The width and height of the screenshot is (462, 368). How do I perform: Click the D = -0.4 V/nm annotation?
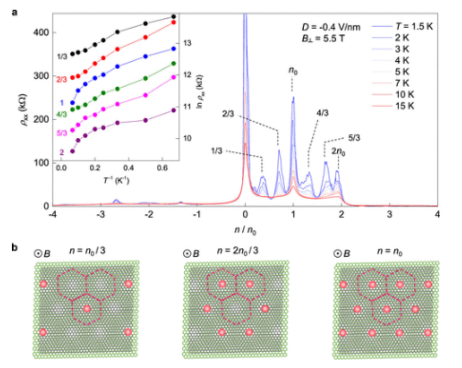coord(327,26)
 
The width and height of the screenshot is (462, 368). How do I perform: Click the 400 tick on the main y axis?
coord(42,32)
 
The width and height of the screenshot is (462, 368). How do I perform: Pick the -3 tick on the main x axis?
coord(100,215)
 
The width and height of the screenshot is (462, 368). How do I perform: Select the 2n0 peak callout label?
coord(339,150)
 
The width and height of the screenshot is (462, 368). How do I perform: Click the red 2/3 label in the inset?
coord(62,79)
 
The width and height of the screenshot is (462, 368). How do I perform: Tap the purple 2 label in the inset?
coord(62,152)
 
